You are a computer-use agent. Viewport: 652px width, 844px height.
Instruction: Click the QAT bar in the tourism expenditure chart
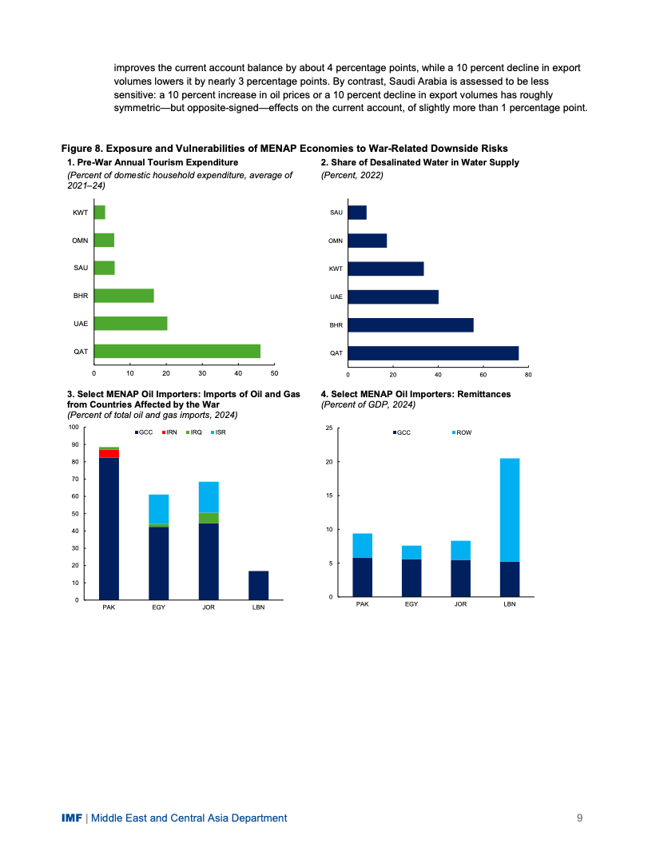click(177, 351)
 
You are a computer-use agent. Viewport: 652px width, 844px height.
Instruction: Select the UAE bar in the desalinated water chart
click(393, 297)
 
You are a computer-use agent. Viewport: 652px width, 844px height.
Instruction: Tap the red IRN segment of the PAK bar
click(109, 453)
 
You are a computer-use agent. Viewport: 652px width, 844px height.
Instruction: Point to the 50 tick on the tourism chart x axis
click(274, 373)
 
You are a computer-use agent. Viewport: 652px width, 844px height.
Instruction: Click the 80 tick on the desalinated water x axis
click(528, 373)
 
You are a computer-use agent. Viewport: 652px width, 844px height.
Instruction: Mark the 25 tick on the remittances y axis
click(328, 429)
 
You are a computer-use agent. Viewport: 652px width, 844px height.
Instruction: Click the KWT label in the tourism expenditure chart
click(80, 213)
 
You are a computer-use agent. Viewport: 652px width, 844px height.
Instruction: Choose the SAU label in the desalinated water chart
click(336, 213)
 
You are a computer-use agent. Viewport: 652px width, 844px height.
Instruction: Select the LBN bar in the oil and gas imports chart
click(258, 585)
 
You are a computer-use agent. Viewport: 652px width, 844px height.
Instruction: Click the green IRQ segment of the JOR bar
click(209, 518)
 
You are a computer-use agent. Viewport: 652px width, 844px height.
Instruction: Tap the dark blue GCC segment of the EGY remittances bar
click(411, 578)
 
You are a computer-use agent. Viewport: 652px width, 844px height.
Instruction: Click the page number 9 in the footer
click(579, 818)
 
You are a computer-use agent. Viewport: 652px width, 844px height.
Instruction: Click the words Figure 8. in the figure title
click(82, 149)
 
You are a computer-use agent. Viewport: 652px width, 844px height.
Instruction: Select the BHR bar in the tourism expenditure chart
click(124, 296)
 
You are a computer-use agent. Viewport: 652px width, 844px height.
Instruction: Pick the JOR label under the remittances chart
click(460, 604)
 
